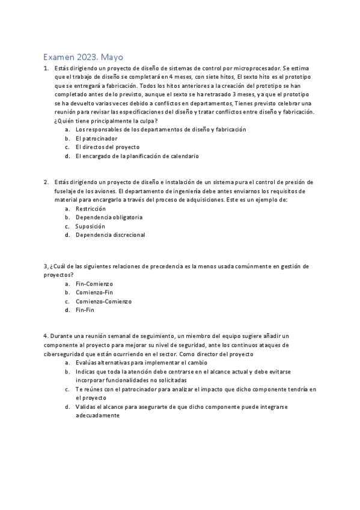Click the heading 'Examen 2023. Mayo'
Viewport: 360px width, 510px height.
(83, 57)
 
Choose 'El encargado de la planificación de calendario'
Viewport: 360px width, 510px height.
(137, 156)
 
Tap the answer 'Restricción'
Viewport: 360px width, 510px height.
(91, 208)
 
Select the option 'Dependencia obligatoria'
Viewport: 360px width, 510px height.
(109, 217)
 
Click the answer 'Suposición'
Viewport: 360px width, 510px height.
(90, 226)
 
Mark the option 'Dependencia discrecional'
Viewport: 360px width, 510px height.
(111, 235)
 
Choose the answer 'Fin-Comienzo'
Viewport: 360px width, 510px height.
(94, 283)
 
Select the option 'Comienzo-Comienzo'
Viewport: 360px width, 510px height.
(103, 301)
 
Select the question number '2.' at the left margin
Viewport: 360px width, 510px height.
(46, 182)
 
